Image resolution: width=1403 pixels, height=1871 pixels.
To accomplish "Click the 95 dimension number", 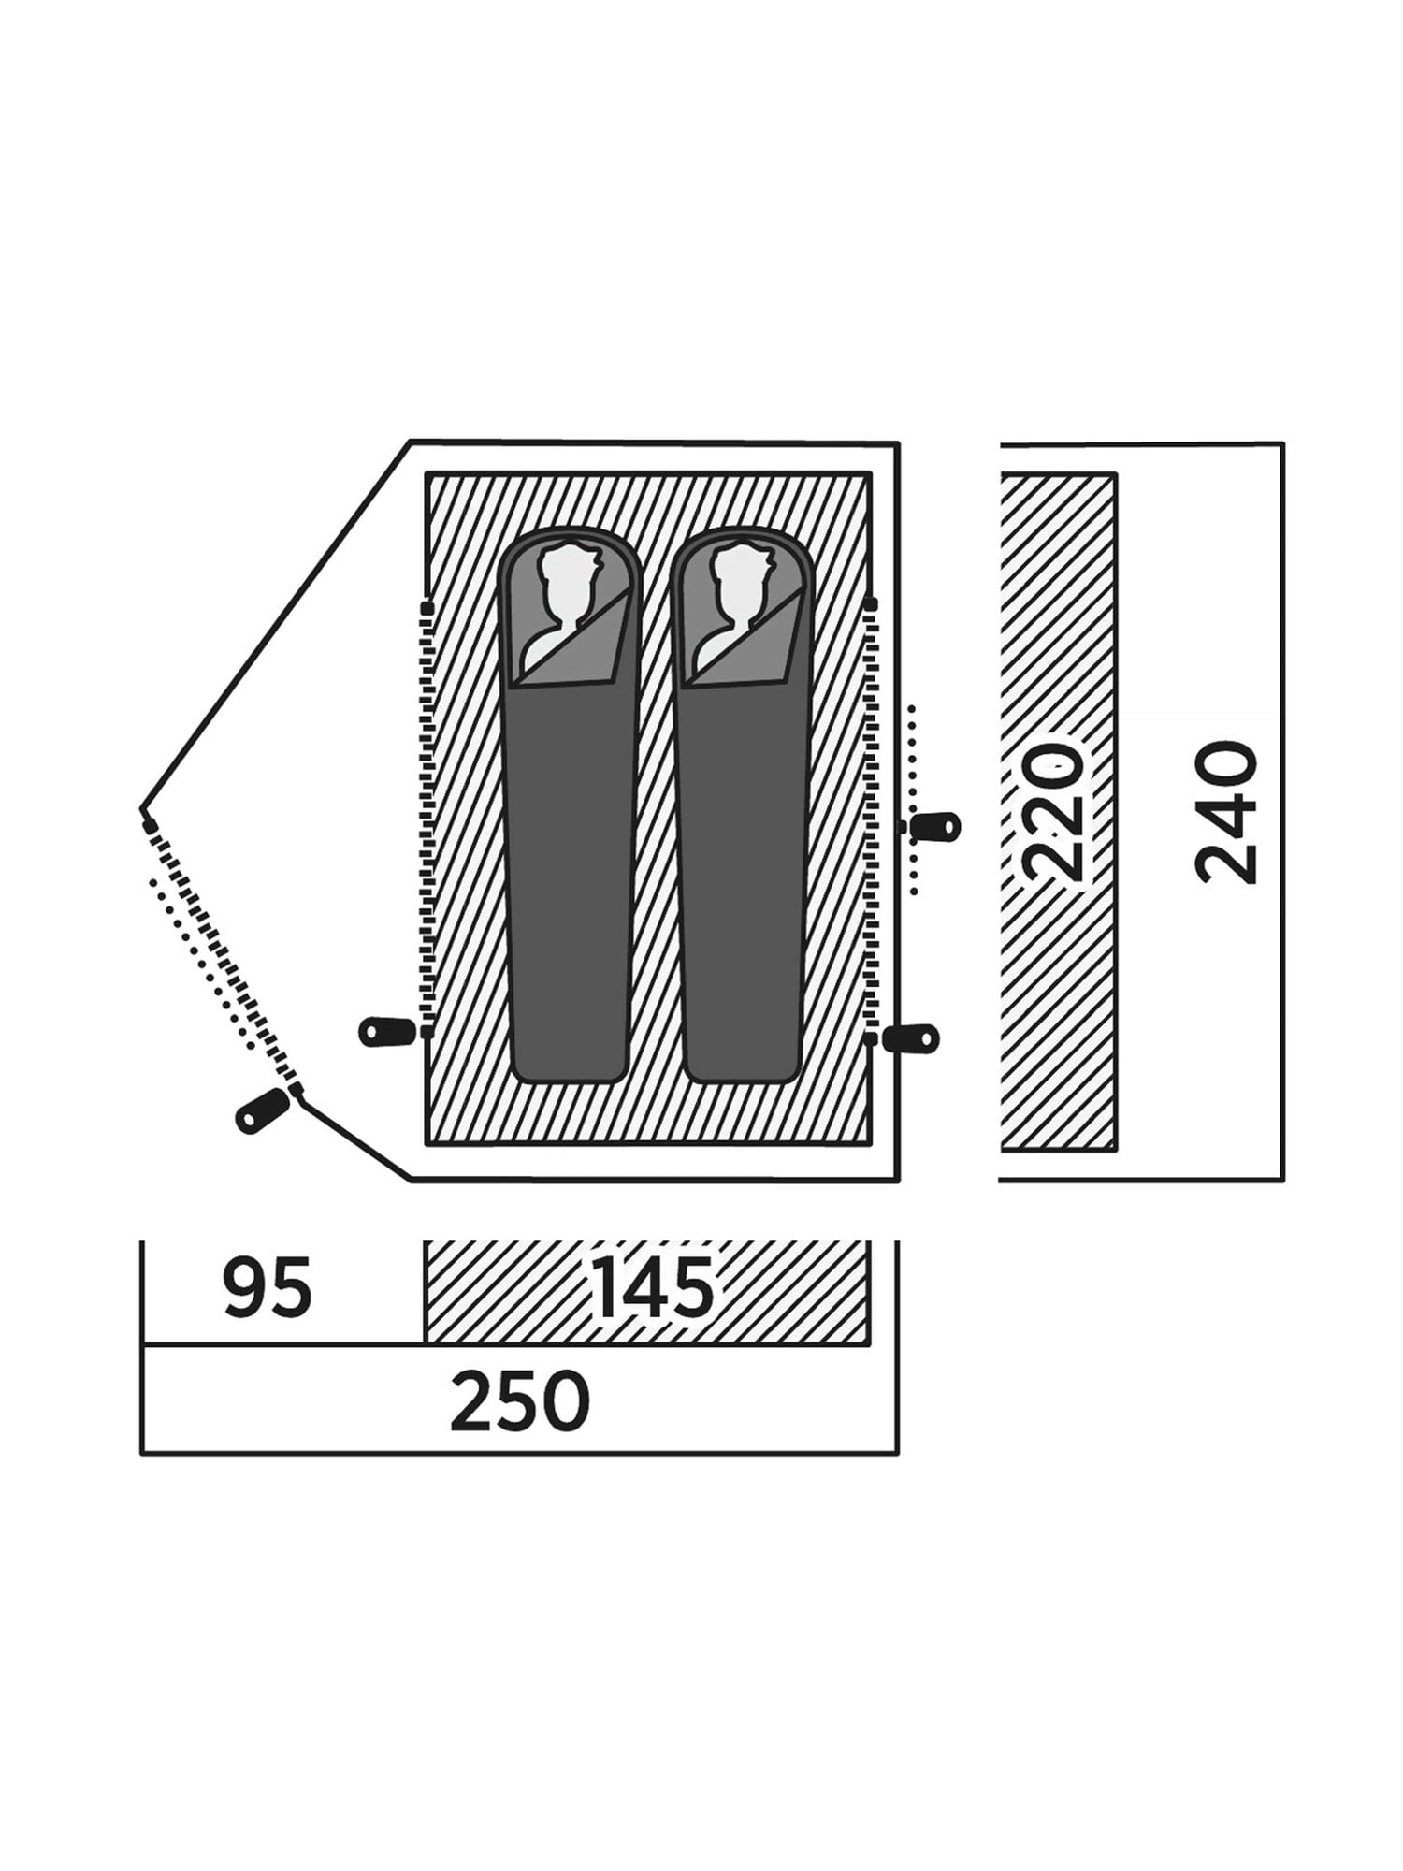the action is (x=267, y=1288).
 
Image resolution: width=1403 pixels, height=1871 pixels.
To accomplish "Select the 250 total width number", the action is (x=520, y=1400).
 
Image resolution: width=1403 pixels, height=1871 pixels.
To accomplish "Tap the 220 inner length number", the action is (x=1054, y=812).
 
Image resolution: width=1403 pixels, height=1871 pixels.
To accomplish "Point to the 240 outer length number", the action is (x=1227, y=812).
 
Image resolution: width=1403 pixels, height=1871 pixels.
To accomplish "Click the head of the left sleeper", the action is (x=563, y=599).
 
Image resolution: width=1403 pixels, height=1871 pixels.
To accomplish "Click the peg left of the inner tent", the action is (x=387, y=1031).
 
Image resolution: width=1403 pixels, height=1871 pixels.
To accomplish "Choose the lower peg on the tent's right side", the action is (x=911, y=1037).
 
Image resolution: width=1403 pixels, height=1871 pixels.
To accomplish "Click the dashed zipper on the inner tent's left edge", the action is (x=427, y=819).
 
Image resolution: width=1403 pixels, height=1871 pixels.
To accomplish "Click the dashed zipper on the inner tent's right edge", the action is (x=872, y=819).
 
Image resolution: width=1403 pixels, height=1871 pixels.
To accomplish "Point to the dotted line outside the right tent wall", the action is (x=913, y=800).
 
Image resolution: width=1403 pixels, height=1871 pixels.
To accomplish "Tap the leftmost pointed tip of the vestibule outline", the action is (x=141, y=810).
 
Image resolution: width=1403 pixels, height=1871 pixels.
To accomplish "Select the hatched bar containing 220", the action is (x=1058, y=811).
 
